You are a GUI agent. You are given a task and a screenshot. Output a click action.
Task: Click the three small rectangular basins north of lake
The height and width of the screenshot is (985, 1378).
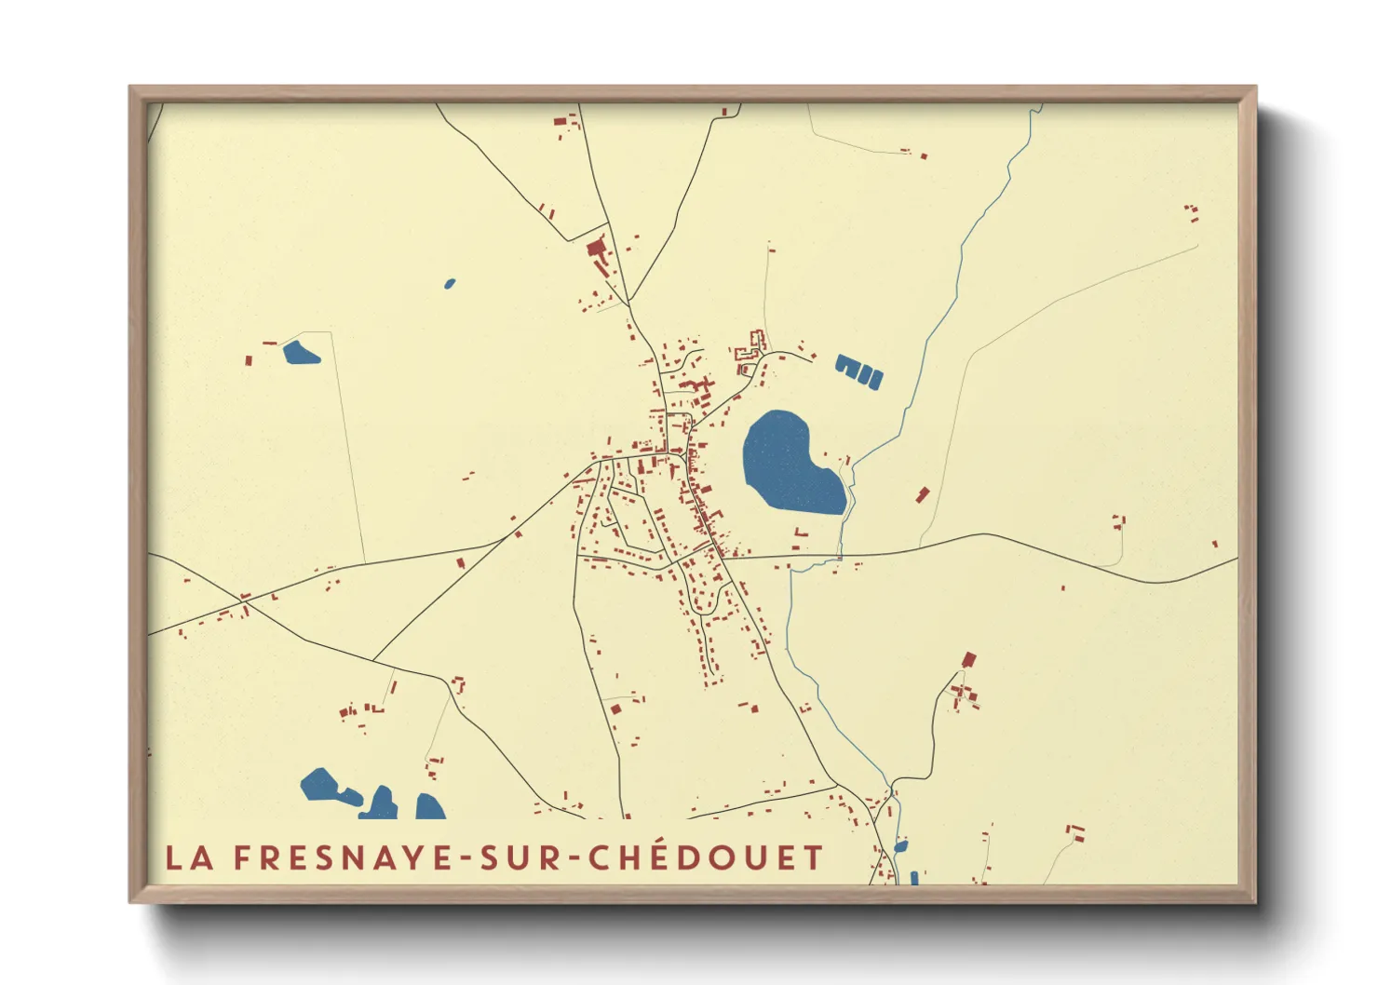[858, 371]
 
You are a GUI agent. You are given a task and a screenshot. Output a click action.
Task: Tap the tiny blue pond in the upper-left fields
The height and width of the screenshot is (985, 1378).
[450, 283]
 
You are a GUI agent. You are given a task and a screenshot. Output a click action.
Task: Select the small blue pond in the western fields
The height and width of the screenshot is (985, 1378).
[300, 353]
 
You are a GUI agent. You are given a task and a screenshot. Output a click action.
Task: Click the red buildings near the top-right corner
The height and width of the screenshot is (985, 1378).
[1192, 213]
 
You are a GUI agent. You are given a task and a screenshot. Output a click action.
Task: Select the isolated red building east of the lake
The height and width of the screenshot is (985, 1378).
[923, 493]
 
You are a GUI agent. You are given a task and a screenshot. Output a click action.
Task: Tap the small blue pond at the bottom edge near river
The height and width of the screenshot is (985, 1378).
[899, 846]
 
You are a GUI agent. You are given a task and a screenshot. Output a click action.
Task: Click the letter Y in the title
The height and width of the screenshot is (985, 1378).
[409, 857]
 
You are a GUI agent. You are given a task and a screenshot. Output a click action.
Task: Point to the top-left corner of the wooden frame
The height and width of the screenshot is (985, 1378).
[131, 88]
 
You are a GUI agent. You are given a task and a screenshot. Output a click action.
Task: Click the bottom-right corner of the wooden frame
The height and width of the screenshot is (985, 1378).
[1254, 900]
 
